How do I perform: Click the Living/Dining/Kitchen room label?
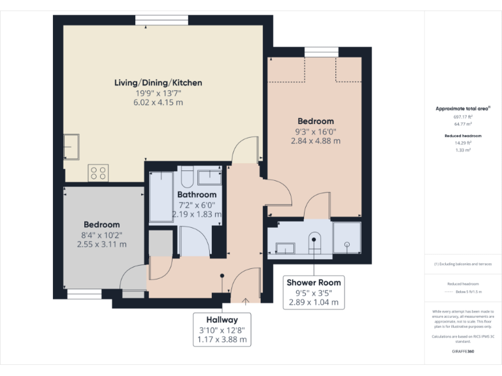pyautogui.click(x=158, y=83)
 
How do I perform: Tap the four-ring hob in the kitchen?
pyautogui.click(x=98, y=173)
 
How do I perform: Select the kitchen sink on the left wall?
pyautogui.click(x=71, y=147)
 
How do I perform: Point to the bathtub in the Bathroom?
pyautogui.click(x=161, y=198)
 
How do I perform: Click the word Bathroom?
pyautogui.click(x=197, y=195)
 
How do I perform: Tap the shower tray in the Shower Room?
pyautogui.click(x=346, y=237)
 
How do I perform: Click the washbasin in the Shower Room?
pyautogui.click(x=286, y=247)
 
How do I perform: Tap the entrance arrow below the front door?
pyautogui.click(x=245, y=301)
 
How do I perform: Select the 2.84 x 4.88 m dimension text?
pyautogui.click(x=316, y=140)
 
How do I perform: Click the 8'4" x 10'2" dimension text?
pyautogui.click(x=101, y=234)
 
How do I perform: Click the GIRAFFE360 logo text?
pyautogui.click(x=463, y=351)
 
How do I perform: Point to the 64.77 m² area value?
pyautogui.click(x=463, y=123)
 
